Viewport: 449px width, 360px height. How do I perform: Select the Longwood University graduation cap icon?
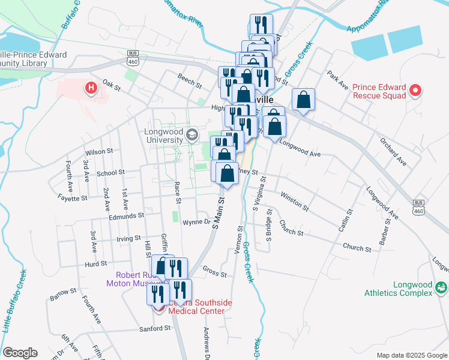[192, 134]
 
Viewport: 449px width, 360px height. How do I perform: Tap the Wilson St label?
[99, 152]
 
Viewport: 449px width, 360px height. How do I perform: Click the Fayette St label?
[73, 197]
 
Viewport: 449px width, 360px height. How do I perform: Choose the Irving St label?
[128, 238]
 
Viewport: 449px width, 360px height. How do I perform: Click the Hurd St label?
[95, 263]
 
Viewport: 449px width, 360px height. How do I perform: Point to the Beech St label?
[188, 77]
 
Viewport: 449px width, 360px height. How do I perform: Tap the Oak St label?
[112, 85]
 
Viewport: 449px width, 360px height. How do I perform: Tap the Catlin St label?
[345, 224]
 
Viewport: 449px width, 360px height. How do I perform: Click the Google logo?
[20, 353]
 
